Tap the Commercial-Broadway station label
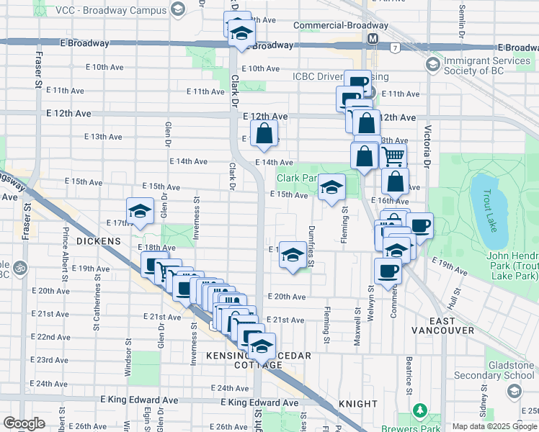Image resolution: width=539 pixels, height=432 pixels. pyautogui.click(x=341, y=26)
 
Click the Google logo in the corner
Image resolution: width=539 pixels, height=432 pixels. pyautogui.click(x=24, y=423)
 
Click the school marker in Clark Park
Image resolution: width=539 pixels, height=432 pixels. pyautogui.click(x=331, y=188)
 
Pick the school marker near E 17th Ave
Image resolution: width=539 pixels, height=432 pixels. pyautogui.click(x=140, y=211)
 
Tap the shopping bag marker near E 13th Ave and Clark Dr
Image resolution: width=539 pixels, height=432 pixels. pyautogui.click(x=264, y=133)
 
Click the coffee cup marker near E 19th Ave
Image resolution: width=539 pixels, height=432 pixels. pyautogui.click(x=388, y=271)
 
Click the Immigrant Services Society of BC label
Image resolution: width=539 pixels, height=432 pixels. pyautogui.click(x=487, y=66)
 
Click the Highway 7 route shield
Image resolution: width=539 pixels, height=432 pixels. pyautogui.click(x=396, y=48)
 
